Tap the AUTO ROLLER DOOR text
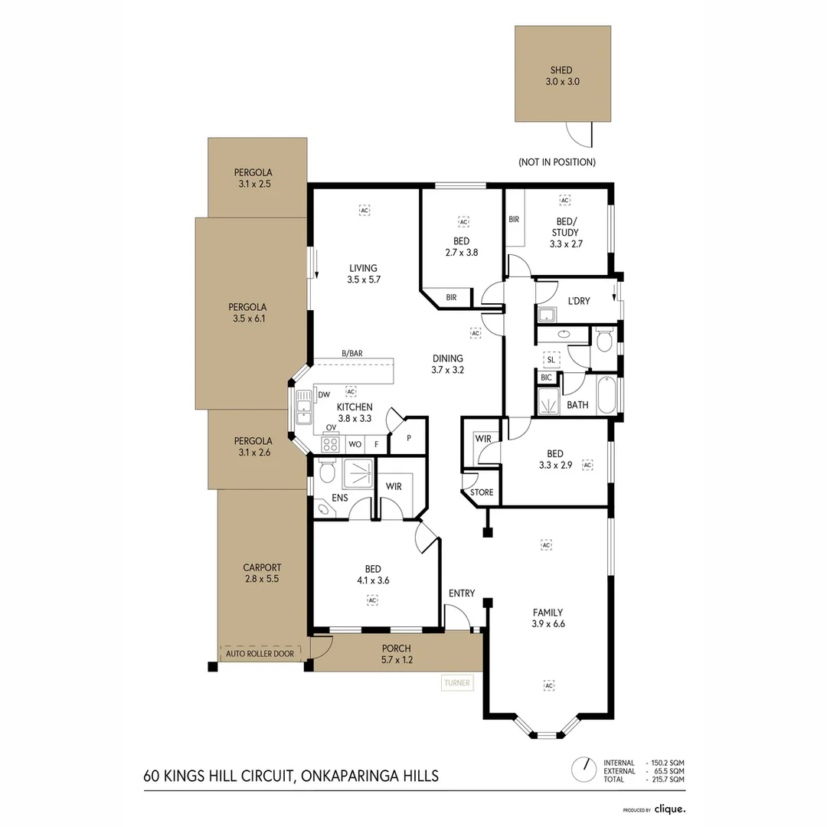tap(260, 653)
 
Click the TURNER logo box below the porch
tap(457, 682)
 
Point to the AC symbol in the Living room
tap(364, 208)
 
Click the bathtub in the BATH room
tap(606, 394)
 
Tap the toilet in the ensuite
tap(327, 472)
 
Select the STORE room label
tap(482, 492)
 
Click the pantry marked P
tap(409, 438)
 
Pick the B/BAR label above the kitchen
tap(352, 354)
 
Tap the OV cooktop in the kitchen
tap(331, 443)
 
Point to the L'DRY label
tap(578, 301)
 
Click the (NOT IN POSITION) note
tap(557, 162)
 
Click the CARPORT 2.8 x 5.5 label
tap(262, 574)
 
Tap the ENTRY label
tap(462, 593)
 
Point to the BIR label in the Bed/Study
tap(514, 219)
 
